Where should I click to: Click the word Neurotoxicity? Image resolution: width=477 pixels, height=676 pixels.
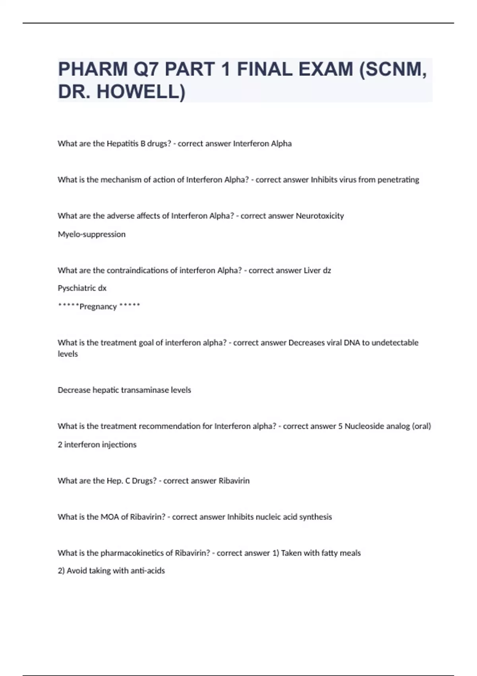320,216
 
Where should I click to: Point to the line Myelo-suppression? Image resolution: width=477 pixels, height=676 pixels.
91,234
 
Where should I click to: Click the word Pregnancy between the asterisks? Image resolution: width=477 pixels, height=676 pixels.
98,307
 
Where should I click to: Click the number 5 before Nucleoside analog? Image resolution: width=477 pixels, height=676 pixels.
340,426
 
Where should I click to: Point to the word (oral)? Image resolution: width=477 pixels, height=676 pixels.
421,426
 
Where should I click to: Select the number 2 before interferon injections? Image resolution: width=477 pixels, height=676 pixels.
60,445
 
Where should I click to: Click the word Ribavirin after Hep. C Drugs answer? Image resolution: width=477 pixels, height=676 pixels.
234,481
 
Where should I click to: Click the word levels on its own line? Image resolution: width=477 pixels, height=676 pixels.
68,354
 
